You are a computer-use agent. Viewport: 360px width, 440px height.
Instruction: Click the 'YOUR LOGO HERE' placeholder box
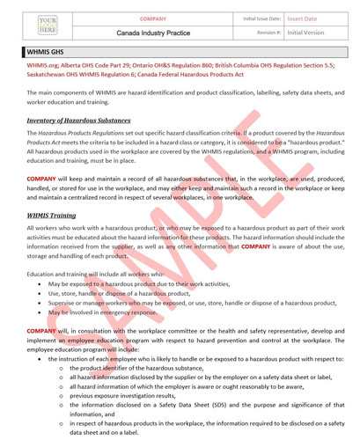click(x=47, y=25)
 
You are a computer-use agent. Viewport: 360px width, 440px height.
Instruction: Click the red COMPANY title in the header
click(x=153, y=18)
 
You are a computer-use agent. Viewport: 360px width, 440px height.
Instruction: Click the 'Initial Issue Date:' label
click(x=262, y=18)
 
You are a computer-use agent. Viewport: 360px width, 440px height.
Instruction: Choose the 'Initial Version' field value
click(x=305, y=33)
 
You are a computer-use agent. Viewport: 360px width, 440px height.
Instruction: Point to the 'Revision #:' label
click(x=268, y=33)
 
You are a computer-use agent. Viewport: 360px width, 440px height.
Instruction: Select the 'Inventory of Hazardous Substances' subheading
click(x=78, y=120)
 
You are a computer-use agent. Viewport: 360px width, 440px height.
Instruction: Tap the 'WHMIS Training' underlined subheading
click(x=51, y=215)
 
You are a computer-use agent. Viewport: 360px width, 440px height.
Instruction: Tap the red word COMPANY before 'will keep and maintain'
click(x=42, y=179)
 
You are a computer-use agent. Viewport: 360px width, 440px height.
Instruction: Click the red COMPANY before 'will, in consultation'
click(x=42, y=330)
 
